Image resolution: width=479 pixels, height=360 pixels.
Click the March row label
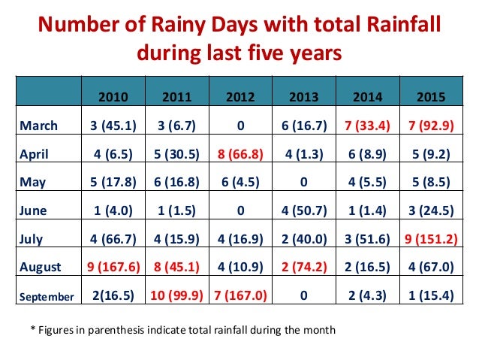coord(38,124)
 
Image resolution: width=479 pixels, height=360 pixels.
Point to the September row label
coord(46,296)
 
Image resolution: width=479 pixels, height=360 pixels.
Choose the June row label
coord(35,210)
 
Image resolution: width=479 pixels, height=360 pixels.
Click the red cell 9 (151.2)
coord(430,239)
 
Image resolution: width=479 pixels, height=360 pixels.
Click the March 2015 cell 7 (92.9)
coord(430,124)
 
